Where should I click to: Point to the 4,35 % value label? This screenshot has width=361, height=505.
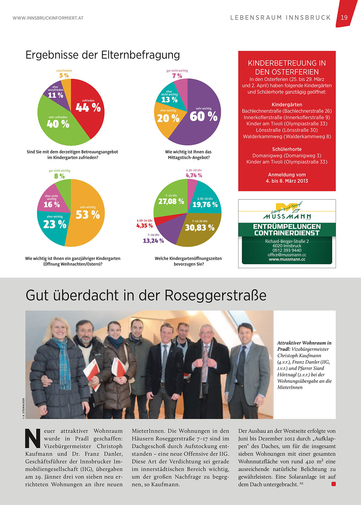click(x=144, y=226)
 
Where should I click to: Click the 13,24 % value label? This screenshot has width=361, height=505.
click(x=153, y=241)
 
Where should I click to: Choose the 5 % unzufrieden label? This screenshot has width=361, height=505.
click(x=64, y=75)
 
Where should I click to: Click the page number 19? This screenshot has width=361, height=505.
click(x=344, y=17)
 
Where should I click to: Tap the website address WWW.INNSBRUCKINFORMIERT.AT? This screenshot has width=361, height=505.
click(x=48, y=18)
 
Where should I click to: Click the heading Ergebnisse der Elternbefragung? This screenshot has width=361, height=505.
click(x=103, y=55)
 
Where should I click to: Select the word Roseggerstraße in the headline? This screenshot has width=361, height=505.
click(x=215, y=295)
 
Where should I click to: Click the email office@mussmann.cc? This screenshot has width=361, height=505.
click(x=287, y=255)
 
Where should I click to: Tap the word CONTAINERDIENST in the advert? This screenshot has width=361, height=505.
click(x=287, y=233)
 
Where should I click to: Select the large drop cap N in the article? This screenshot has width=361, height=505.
click(x=33, y=438)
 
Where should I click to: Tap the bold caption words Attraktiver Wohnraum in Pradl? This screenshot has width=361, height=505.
click(x=304, y=346)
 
